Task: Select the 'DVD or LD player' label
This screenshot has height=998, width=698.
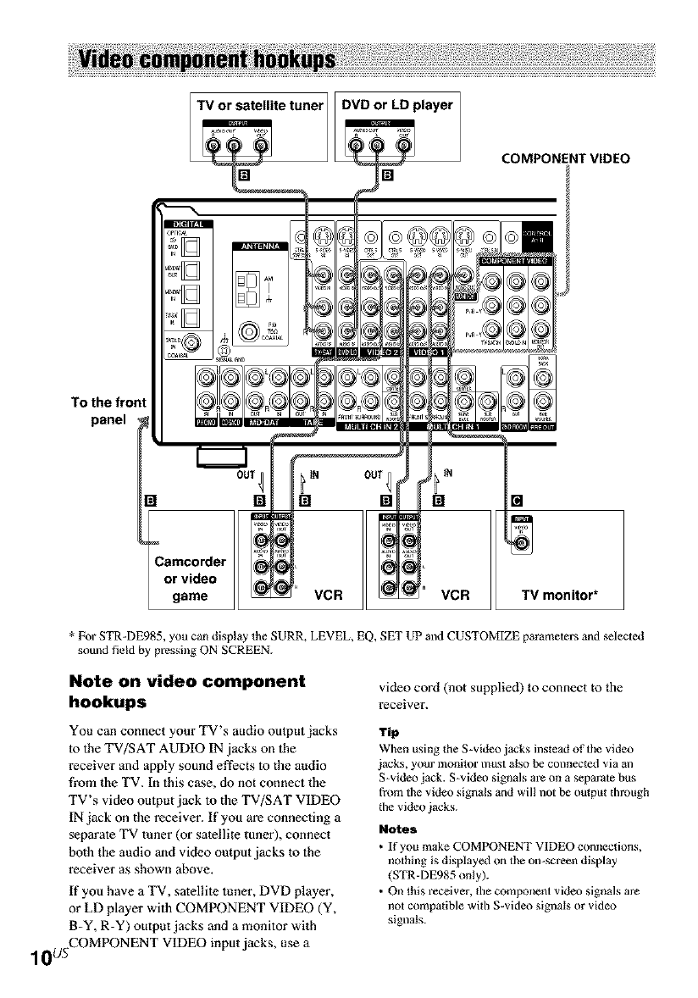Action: [396, 105]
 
